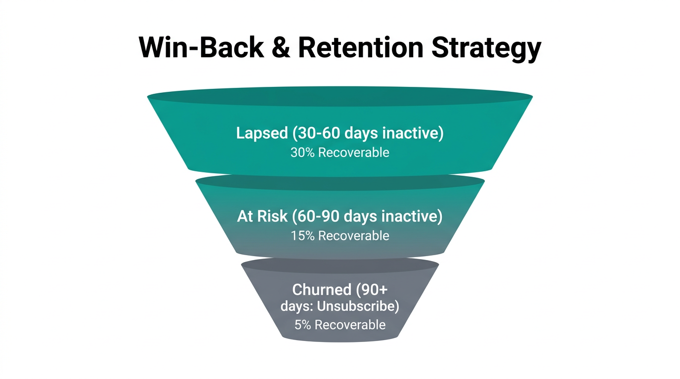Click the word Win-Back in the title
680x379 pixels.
201,48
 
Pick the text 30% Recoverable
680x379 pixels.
340,152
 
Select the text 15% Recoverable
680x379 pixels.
340,236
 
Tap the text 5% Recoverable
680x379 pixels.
340,325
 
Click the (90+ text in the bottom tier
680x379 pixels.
372,289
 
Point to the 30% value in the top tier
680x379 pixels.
302,152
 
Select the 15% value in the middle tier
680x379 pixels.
302,236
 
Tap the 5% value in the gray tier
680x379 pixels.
303,325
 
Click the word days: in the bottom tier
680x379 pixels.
297,306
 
